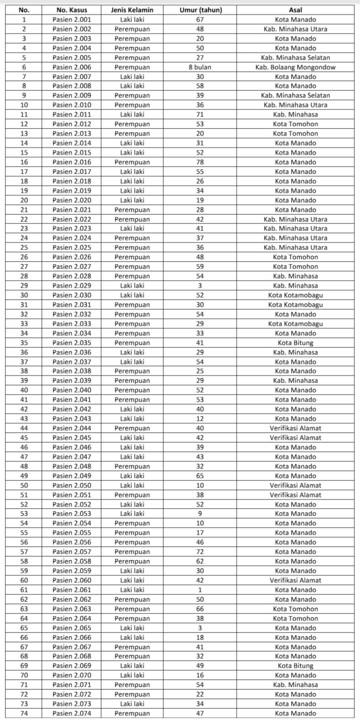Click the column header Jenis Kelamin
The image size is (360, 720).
coord(132,10)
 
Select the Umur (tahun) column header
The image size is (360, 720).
coord(200,10)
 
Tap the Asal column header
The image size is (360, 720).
coord(296,10)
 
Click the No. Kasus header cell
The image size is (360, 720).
coord(72,10)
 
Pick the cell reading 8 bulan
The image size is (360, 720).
coord(200,67)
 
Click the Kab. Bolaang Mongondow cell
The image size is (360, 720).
coord(296,67)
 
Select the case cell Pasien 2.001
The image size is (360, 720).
coord(72,20)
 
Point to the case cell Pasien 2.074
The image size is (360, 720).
coord(72,713)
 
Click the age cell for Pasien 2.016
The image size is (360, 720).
coord(200,162)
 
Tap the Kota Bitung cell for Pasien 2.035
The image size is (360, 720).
coord(296,343)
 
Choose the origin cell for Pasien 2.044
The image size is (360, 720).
coord(296,428)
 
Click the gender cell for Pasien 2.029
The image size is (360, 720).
coord(132,286)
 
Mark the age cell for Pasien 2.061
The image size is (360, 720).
coord(200,590)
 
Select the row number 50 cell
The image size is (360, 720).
coord(24,486)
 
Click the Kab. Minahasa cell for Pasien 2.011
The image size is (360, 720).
coord(296,114)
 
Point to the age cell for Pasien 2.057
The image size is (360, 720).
coord(200,552)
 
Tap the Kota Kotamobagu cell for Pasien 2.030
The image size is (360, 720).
coord(296,295)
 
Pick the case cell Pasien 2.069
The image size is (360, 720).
coord(72,666)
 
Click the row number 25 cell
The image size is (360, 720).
coord(24,247)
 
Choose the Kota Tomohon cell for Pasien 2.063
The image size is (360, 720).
coord(296,609)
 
